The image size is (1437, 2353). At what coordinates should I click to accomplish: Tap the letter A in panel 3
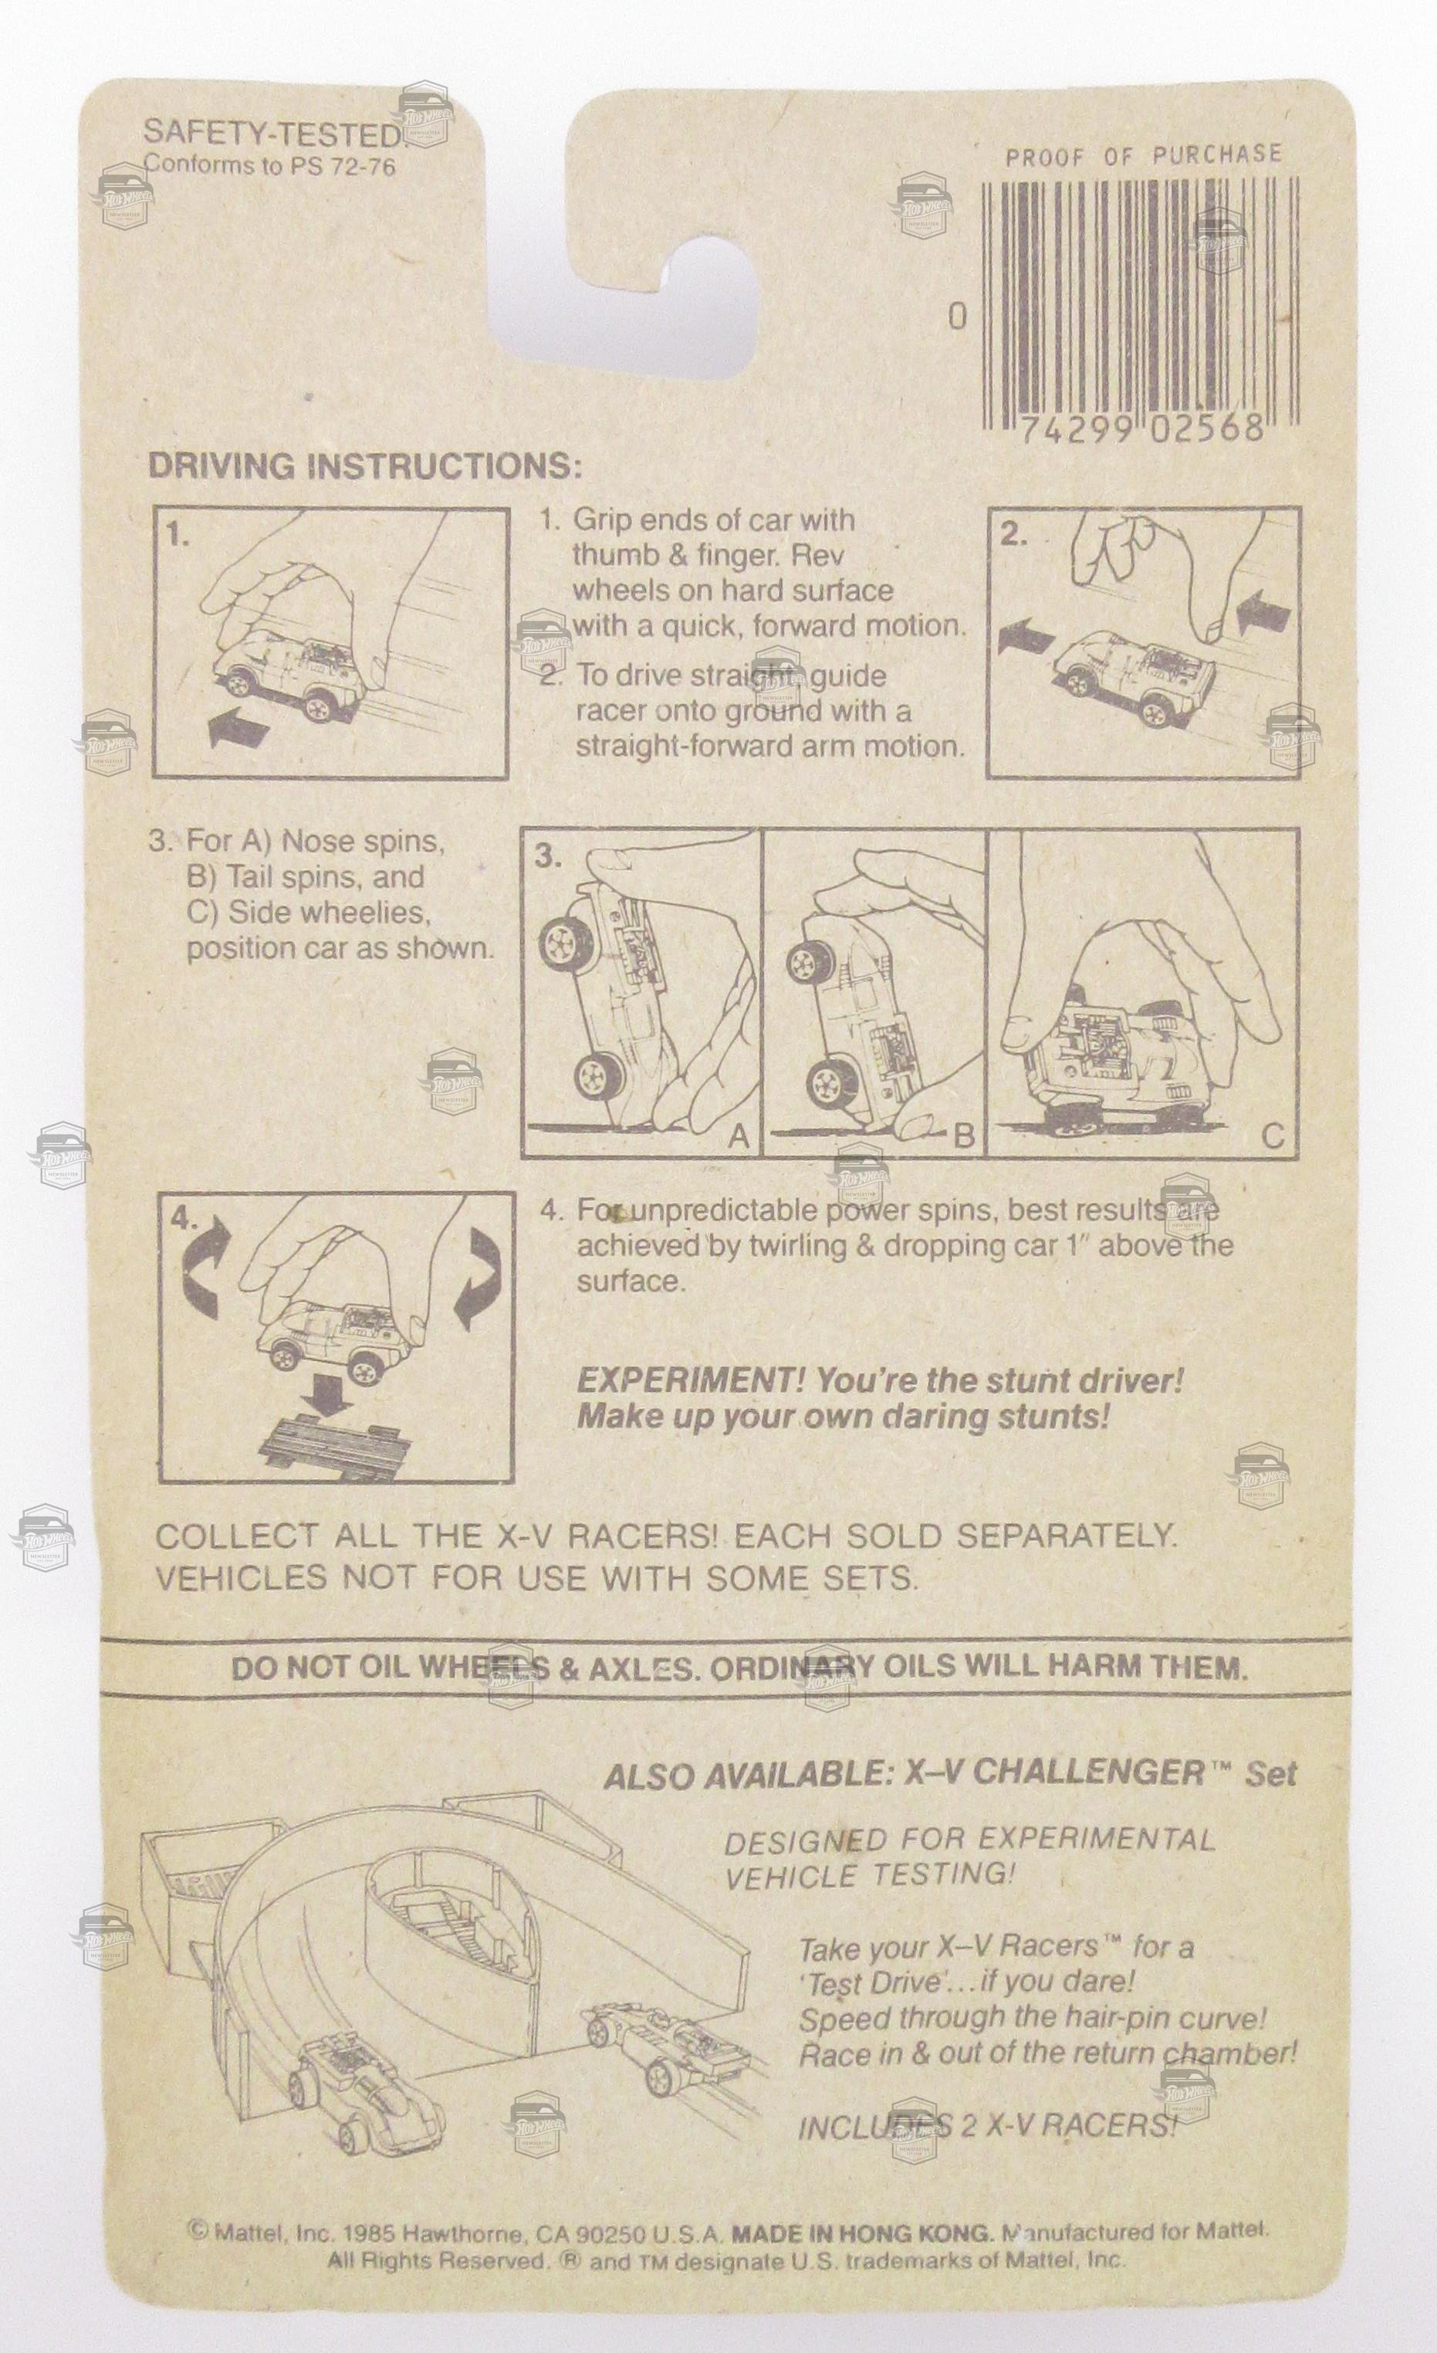click(738, 1136)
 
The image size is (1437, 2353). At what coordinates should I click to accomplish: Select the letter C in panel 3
click(1273, 1136)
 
